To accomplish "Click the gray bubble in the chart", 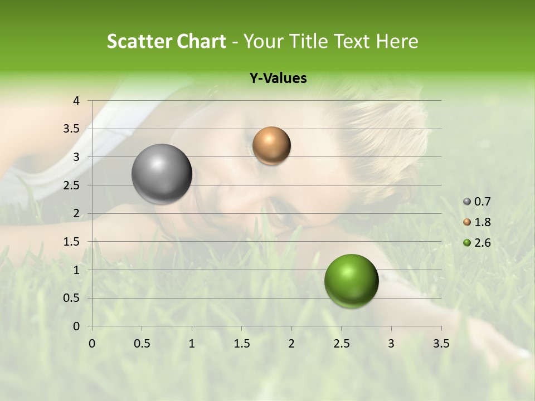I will tap(162, 174).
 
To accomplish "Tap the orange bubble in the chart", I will tap(271, 146).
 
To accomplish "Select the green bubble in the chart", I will tap(351, 281).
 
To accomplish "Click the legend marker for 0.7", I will tap(467, 202).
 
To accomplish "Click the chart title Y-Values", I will tap(278, 79).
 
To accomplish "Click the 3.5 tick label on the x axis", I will tap(441, 344).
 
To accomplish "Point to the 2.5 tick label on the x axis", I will tap(341, 344).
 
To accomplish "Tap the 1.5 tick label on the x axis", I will tap(241, 344).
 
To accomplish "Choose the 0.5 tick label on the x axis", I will tap(142, 344).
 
